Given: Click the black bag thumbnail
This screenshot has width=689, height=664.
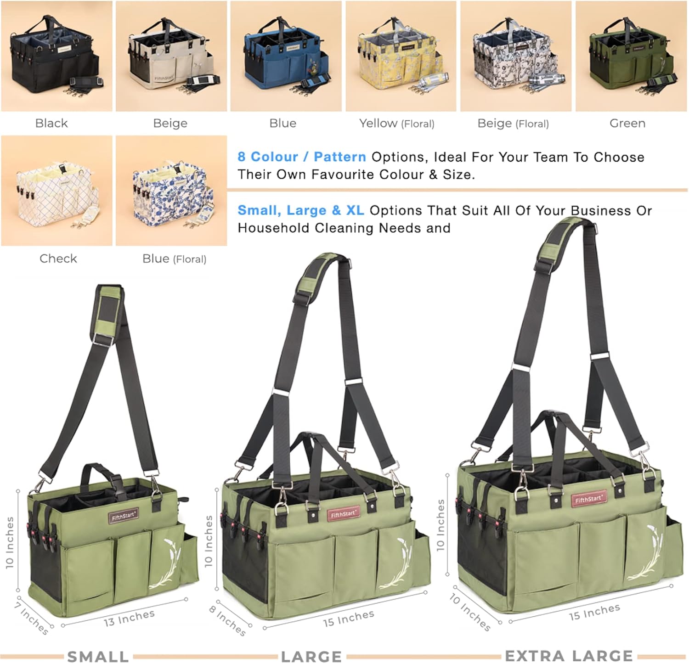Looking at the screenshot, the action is point(56,56).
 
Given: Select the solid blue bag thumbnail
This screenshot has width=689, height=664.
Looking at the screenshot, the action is point(286,56).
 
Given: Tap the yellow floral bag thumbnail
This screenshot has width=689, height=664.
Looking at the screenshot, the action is point(401,56).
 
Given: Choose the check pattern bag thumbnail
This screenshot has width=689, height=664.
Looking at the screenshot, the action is point(56,191).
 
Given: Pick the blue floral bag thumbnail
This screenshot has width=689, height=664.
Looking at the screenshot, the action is point(171,191).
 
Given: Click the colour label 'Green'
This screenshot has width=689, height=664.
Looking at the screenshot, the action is point(627,123).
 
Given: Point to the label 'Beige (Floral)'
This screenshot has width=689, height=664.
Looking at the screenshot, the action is point(513,123).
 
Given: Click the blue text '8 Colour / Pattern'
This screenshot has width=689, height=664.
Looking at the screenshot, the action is point(302,157).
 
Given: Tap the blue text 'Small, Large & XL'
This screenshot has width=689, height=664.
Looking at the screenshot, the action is point(301,210).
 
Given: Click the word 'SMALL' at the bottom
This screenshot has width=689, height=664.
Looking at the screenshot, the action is point(98,657).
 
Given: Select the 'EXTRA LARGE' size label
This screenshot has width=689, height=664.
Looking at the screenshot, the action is point(569,656).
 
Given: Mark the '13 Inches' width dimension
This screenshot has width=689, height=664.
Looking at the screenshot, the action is point(129,618).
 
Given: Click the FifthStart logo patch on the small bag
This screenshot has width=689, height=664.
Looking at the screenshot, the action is point(124,516).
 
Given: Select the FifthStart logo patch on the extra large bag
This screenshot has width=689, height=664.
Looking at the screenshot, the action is point(588,499).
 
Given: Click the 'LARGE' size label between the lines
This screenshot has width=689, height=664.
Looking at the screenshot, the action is point(311,657).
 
